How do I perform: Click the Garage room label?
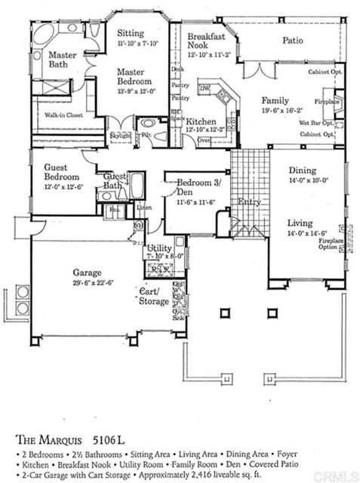[x=87, y=272]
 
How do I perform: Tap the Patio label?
[x=293, y=41]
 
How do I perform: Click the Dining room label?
[x=302, y=171]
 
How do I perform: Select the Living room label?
[x=301, y=223]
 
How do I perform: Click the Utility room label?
[x=160, y=248]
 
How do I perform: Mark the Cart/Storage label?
[x=154, y=296]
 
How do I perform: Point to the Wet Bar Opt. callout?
[x=316, y=122]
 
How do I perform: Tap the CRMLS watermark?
[x=337, y=475]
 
